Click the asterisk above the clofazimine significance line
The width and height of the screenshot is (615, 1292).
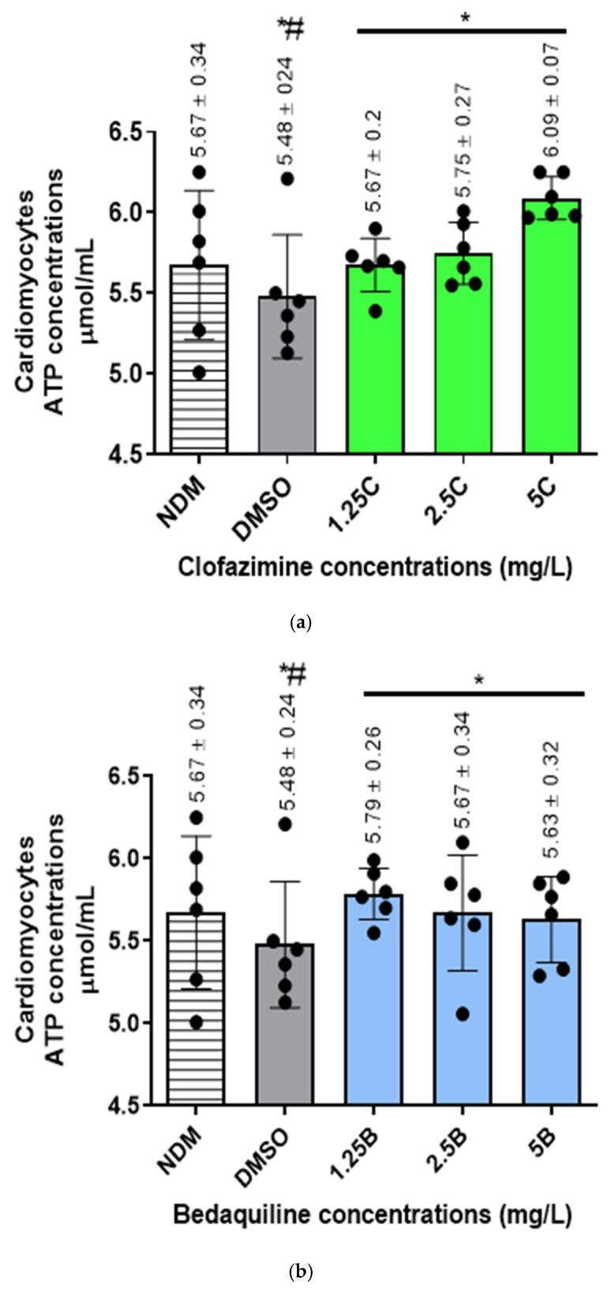[464, 16]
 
